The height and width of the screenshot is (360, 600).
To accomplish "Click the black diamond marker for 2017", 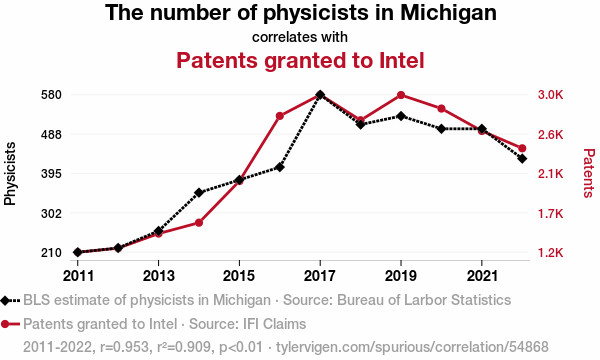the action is pyautogui.click(x=320, y=94).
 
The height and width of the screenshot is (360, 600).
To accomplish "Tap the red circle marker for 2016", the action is pyautogui.click(x=279, y=116).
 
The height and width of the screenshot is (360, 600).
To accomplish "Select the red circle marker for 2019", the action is pyautogui.click(x=401, y=95).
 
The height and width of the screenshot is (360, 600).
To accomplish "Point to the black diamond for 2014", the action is pyautogui.click(x=199, y=192).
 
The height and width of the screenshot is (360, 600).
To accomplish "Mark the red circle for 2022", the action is pyautogui.click(x=522, y=148).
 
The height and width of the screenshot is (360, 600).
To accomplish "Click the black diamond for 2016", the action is pyautogui.click(x=279, y=167).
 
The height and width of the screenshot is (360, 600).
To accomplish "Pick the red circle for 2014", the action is pyautogui.click(x=199, y=223).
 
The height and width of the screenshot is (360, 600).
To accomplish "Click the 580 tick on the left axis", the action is pyautogui.click(x=52, y=95).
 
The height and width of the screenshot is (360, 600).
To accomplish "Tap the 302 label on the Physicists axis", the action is pyautogui.click(x=52, y=213).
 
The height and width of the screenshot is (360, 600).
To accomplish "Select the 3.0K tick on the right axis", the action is pyautogui.click(x=551, y=95).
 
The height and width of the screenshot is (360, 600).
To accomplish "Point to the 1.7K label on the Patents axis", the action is pyautogui.click(x=551, y=213).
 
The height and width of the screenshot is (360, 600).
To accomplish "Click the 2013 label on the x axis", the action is pyautogui.click(x=158, y=275).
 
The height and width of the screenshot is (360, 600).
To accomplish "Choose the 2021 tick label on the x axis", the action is pyautogui.click(x=482, y=275).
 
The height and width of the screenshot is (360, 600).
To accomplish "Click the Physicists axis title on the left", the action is pyautogui.click(x=10, y=174).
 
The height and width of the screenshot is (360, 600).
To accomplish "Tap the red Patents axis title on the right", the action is pyautogui.click(x=589, y=173).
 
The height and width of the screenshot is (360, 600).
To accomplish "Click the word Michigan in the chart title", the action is pyautogui.click(x=448, y=13).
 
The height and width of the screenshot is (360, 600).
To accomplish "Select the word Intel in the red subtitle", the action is pyautogui.click(x=402, y=60).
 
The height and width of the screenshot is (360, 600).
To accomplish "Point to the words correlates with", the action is pyautogui.click(x=300, y=37).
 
